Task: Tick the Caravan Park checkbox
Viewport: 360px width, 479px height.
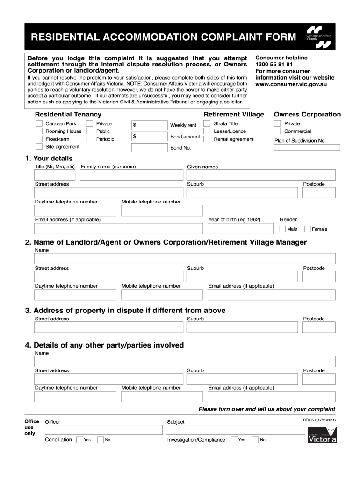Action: pyautogui.click(x=39, y=123)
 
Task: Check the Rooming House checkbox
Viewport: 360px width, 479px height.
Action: pyautogui.click(x=39, y=131)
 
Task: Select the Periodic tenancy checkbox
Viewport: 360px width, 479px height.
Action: pyautogui.click(x=90, y=139)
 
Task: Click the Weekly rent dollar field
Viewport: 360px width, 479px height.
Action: pyautogui.click(x=149, y=125)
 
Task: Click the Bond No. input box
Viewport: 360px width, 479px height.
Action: pyautogui.click(x=149, y=148)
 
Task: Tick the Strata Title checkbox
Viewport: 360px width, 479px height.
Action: pyautogui.click(x=207, y=123)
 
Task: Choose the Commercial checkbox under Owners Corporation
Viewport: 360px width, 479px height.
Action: pyautogui.click(x=277, y=131)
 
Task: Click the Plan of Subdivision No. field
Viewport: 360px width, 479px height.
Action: pyautogui.click(x=307, y=147)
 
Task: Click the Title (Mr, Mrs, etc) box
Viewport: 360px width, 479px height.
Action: pyautogui.click(x=55, y=175)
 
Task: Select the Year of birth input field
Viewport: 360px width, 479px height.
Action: pyautogui.click(x=240, y=228)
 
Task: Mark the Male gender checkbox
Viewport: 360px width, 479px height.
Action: pyautogui.click(x=282, y=229)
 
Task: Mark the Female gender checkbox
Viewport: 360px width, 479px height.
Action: pyautogui.click(x=308, y=229)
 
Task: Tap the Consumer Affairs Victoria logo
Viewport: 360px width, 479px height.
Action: pyautogui.click(x=319, y=36)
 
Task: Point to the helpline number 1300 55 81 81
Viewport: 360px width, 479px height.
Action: pyautogui.click(x=274, y=65)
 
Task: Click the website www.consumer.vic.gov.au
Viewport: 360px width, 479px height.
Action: pyautogui.click(x=291, y=84)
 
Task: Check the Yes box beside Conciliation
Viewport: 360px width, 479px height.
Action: pyautogui.click(x=79, y=440)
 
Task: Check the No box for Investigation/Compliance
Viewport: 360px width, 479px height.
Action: pyautogui.click(x=255, y=440)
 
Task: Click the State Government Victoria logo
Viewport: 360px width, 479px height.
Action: pyautogui.click(x=322, y=436)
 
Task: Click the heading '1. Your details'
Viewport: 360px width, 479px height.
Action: pyautogui.click(x=49, y=159)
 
